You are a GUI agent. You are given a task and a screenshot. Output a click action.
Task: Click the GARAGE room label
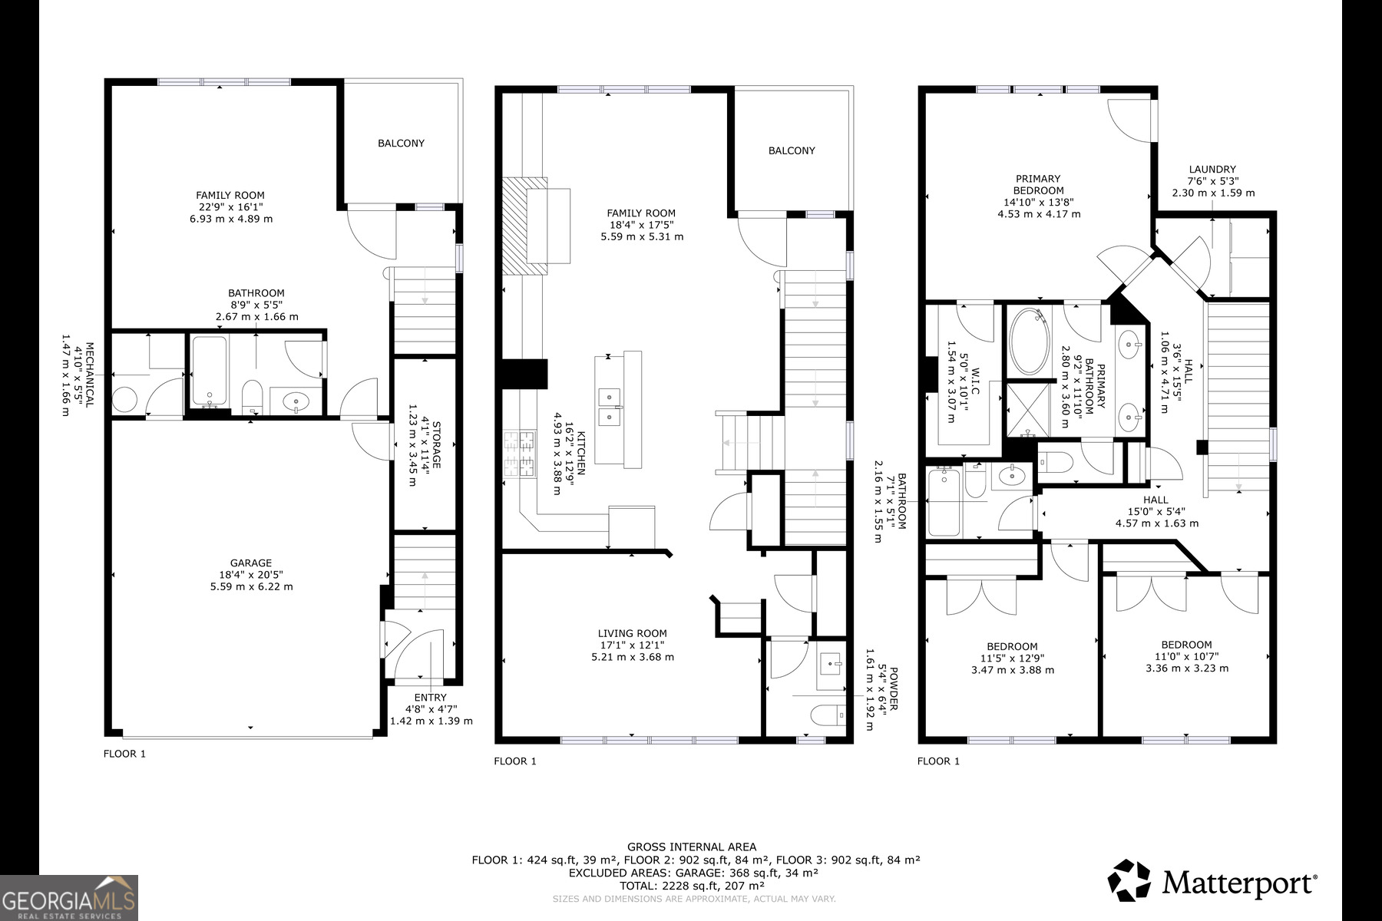pos(251,563)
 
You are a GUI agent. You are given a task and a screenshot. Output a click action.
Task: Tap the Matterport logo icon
pos(1129,880)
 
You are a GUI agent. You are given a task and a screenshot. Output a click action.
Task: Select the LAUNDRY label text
pos(1212,170)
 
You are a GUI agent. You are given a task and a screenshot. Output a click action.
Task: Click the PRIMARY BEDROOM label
pos(1038,185)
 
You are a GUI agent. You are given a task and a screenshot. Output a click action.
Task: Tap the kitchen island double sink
pos(609,407)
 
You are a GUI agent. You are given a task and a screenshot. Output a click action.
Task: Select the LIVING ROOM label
pos(633,634)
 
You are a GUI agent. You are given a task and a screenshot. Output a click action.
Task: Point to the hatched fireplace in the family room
pos(525,226)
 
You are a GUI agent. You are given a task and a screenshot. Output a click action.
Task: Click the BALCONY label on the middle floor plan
pos(792,151)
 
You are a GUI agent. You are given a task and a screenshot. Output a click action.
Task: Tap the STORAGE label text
pos(436,445)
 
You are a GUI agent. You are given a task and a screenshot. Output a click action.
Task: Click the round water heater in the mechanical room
pos(125,399)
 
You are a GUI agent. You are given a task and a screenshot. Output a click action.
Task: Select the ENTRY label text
pos(430,698)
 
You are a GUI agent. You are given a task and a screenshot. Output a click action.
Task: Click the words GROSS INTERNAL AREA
pos(691,847)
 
